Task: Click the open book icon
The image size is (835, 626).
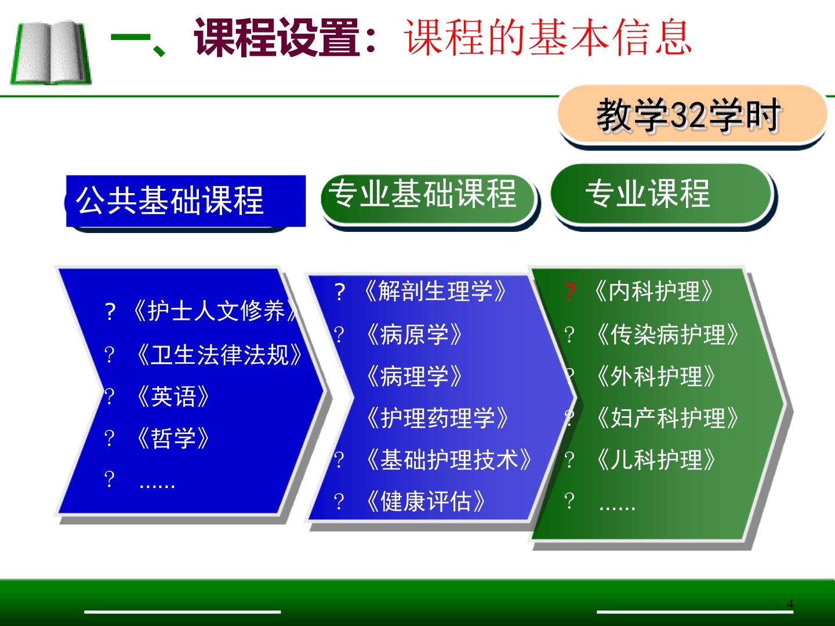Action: click(51, 53)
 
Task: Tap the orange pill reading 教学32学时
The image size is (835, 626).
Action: click(690, 115)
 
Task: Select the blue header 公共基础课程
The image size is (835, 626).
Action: click(184, 201)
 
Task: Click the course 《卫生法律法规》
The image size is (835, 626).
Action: click(219, 355)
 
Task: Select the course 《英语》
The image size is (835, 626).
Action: click(173, 397)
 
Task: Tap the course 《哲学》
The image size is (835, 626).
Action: click(173, 438)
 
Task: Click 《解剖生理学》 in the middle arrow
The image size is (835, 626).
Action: click(435, 291)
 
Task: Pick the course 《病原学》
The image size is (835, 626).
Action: click(414, 334)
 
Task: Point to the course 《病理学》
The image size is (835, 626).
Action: click(414, 376)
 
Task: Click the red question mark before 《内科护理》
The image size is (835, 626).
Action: click(570, 292)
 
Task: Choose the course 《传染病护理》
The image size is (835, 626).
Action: click(667, 334)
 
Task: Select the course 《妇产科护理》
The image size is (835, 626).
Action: click(667, 418)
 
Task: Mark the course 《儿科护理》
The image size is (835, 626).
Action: click(655, 460)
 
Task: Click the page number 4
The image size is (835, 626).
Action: click(790, 604)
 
